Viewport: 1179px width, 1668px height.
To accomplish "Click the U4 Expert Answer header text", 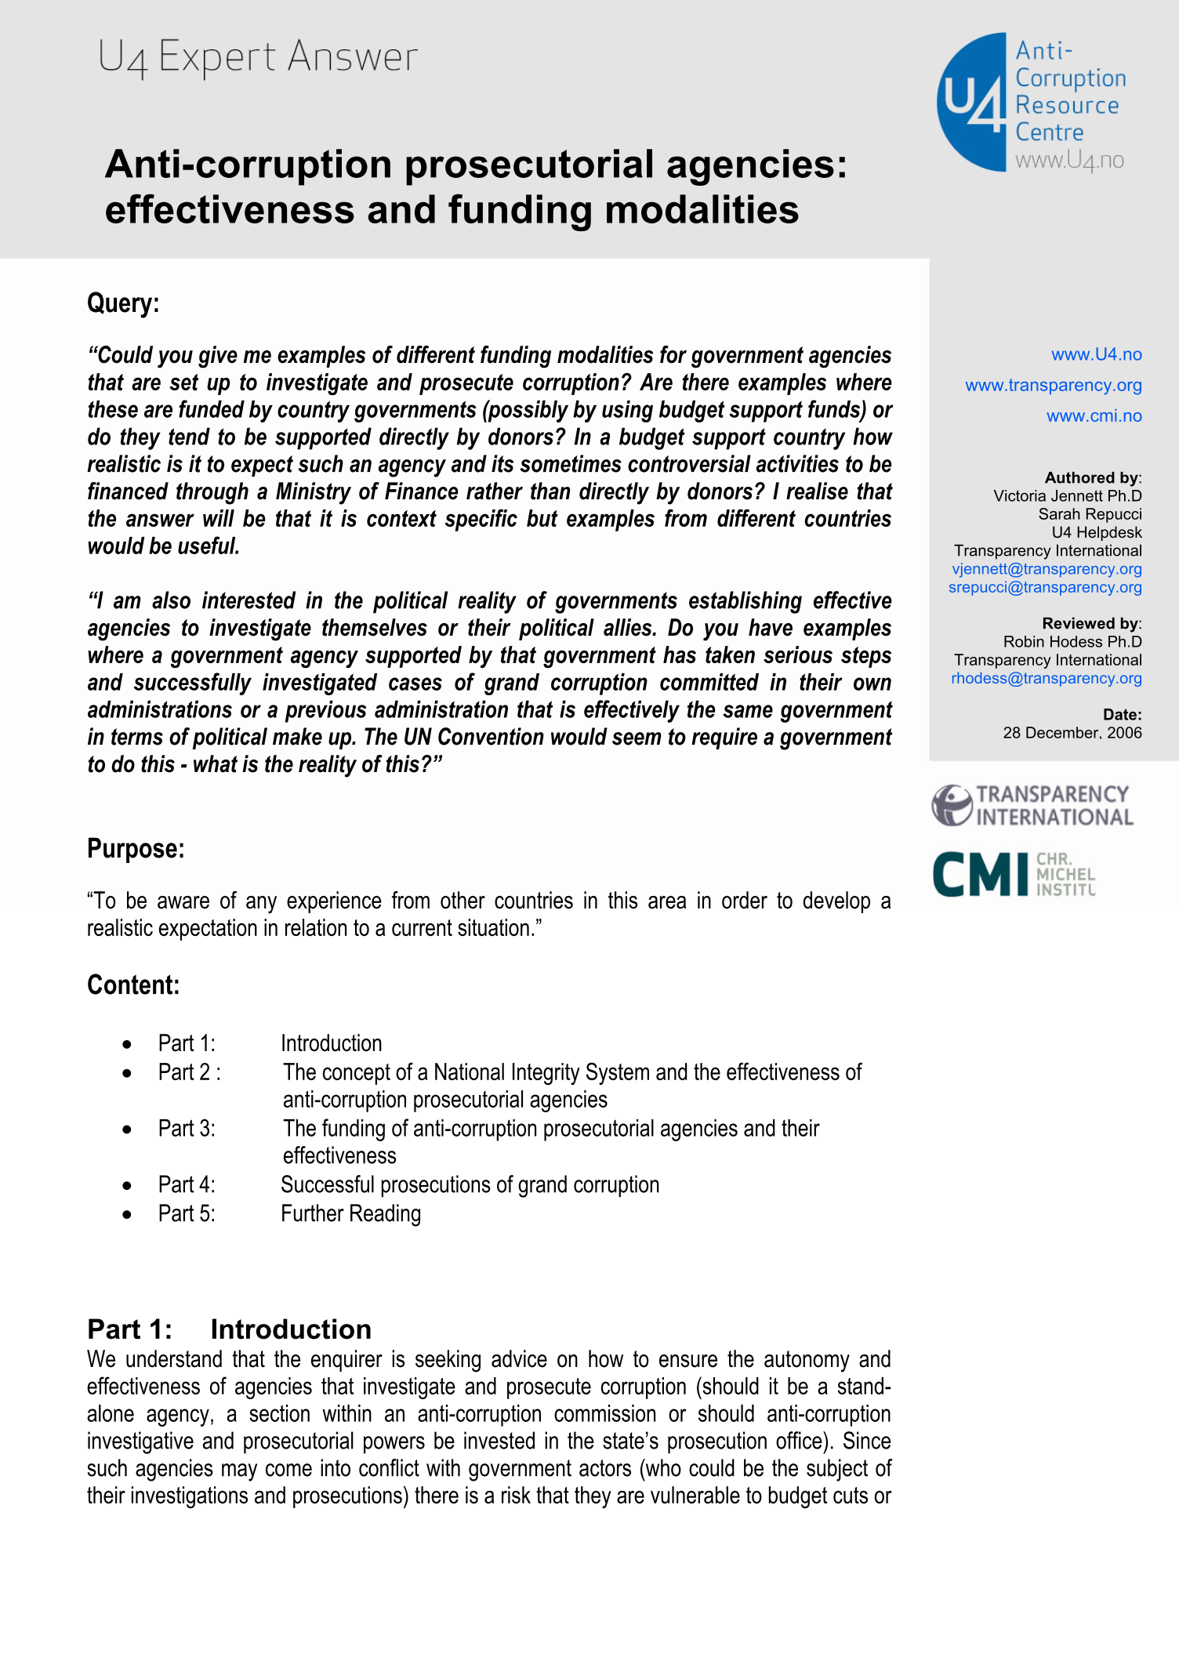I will pos(258,57).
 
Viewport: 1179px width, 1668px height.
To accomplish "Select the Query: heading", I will pos(123,303).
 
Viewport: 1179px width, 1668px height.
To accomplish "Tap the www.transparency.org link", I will pos(1053,386).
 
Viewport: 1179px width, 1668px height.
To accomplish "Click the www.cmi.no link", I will pos(1094,416).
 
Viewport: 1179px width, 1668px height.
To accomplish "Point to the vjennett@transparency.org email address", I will pos(1047,569).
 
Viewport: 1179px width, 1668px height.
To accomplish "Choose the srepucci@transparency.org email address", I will pos(1045,587).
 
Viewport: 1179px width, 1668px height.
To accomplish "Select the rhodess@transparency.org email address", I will pos(1046,678).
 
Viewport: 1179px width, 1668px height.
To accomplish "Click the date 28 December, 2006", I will pos(1072,733).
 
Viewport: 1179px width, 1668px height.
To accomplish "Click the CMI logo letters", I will pos(980,875).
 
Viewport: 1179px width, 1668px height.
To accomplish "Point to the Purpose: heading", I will pos(136,849).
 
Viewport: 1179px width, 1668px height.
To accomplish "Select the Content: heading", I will pos(133,985).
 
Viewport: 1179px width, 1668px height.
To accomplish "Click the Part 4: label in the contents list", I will pos(187,1185).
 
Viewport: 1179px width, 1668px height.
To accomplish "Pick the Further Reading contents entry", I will pos(350,1214).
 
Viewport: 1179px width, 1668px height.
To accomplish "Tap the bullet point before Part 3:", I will pos(127,1130).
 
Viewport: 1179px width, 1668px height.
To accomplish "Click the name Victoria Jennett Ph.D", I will pos(1067,496).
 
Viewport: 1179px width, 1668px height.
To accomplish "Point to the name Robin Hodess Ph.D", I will pos(1072,642).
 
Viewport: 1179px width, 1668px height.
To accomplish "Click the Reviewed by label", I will pos(1090,624).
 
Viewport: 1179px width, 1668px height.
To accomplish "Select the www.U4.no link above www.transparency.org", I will pos(1096,355).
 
